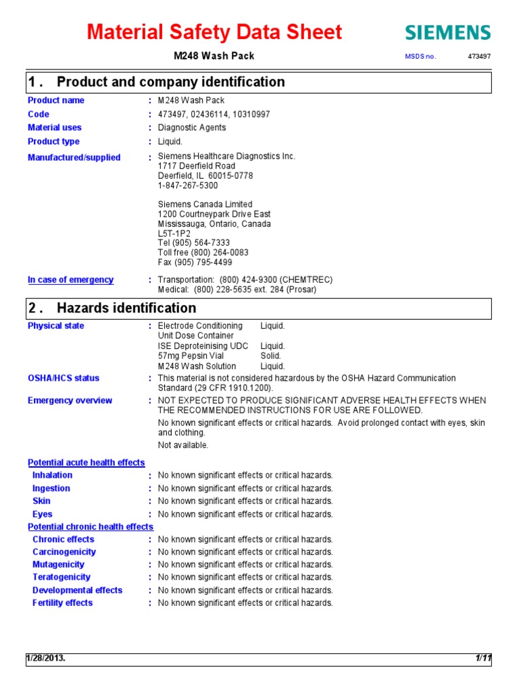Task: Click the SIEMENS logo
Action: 447,32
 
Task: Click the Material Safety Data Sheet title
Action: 216,32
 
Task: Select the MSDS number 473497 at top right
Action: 479,56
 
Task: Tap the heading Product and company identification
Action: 170,82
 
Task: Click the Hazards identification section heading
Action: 126,308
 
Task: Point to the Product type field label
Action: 53,142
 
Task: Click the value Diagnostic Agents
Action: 192,128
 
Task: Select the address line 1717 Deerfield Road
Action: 197,166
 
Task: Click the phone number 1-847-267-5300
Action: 188,185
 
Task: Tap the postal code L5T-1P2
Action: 174,233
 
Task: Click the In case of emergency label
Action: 70,280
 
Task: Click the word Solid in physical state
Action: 270,356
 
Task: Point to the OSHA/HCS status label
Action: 64,379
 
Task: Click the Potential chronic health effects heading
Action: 91,526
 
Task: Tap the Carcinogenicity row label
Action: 64,552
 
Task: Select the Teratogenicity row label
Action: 61,578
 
